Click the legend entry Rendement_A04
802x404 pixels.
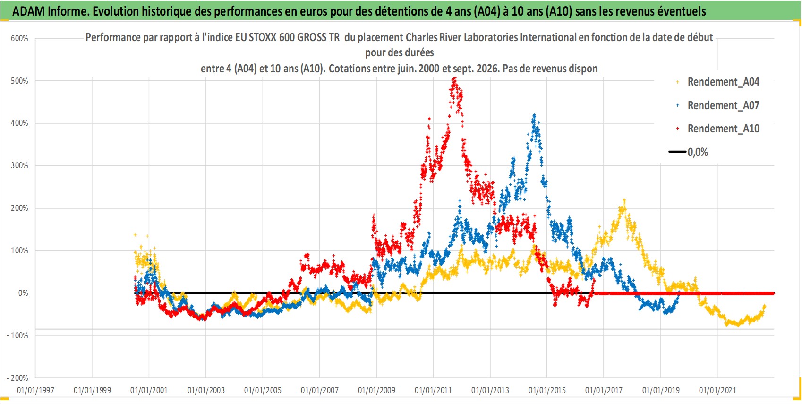[x=723, y=82]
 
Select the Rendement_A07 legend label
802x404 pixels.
[x=723, y=105]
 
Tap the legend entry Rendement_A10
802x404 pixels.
[x=723, y=129]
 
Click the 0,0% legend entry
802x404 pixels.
[x=698, y=152]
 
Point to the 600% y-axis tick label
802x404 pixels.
[x=19, y=38]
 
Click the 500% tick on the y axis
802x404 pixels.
[x=19, y=81]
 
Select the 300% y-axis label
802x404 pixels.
[x=19, y=165]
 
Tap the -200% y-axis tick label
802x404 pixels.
[x=17, y=378]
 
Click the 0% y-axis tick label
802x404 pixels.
[x=23, y=293]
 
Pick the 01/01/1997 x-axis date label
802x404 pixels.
[x=35, y=390]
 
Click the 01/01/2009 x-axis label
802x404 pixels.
[x=376, y=390]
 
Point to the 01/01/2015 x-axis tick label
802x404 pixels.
[x=547, y=390]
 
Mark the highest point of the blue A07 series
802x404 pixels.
[x=534, y=115]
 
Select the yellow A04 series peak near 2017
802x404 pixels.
[x=624, y=200]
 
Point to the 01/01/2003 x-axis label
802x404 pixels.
[x=206, y=390]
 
